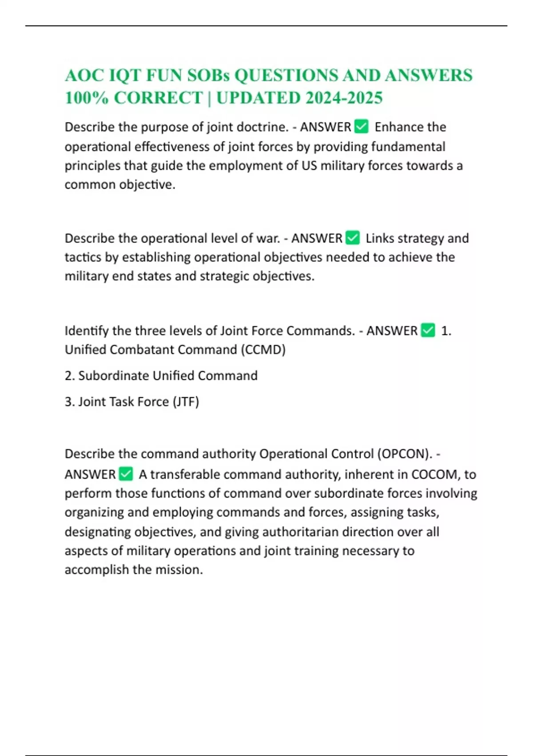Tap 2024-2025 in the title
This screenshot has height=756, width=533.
[344, 98]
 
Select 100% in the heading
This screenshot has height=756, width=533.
[87, 98]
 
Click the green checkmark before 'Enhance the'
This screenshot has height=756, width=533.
[362, 127]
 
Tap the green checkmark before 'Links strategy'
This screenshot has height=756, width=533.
[353, 238]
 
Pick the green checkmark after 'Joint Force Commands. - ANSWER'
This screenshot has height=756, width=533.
[428, 330]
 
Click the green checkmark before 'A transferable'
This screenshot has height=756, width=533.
[126, 474]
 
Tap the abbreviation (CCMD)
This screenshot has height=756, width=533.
[263, 350]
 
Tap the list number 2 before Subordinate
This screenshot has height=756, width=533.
[69, 376]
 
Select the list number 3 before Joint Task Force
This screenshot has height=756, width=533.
[69, 402]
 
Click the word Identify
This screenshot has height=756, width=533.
[87, 331]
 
